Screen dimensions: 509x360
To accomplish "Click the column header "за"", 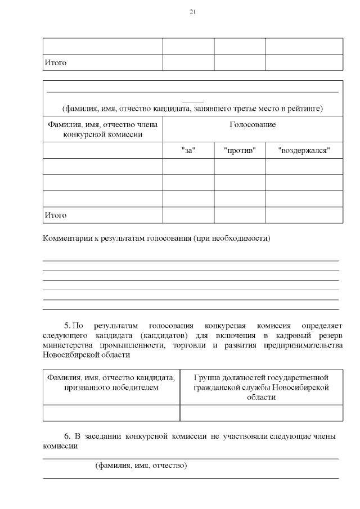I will [188, 150].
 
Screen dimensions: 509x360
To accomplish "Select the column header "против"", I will [240, 150].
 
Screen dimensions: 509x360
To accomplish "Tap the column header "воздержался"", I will [304, 150].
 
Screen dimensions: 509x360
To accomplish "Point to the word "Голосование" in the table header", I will [253, 124].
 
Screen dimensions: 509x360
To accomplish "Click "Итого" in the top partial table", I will [55, 62].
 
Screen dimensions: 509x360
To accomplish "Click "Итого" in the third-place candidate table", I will [55, 215].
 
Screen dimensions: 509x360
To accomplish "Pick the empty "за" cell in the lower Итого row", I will [188, 215].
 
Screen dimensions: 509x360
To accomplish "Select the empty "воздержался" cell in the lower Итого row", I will [304, 215].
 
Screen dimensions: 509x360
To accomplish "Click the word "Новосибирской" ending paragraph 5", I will [68, 355].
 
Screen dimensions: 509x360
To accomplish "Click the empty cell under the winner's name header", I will [111, 413].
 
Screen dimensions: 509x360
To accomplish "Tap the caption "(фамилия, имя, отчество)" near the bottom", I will [141, 466].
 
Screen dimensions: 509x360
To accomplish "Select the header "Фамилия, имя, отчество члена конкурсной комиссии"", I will [103, 129].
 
